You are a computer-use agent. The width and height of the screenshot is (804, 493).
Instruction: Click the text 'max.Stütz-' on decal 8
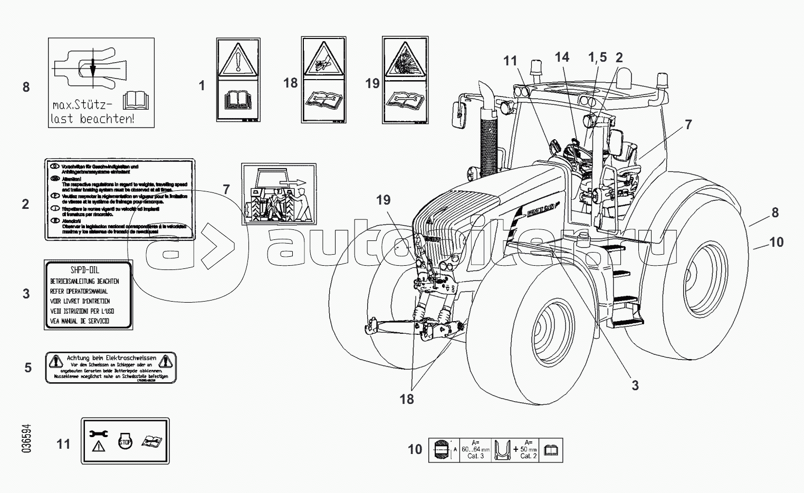(x=84, y=105)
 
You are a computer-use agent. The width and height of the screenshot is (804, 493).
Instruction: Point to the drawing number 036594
(x=26, y=439)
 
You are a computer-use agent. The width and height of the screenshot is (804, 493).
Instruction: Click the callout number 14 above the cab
(x=562, y=57)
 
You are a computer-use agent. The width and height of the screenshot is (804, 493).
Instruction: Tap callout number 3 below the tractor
(x=635, y=385)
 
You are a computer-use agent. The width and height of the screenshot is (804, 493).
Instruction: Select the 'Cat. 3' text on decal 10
(x=475, y=456)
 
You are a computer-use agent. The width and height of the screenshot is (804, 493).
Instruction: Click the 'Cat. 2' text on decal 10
(x=528, y=456)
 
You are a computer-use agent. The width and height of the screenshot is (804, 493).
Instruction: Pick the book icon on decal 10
(x=550, y=450)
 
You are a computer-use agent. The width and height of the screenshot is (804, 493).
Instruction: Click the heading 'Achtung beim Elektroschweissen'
(x=111, y=358)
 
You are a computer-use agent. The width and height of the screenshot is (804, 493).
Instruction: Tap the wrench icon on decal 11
(x=99, y=433)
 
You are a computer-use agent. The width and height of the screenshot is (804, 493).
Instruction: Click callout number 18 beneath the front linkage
(x=407, y=399)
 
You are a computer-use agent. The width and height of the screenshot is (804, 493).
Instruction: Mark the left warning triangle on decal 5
(x=55, y=361)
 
